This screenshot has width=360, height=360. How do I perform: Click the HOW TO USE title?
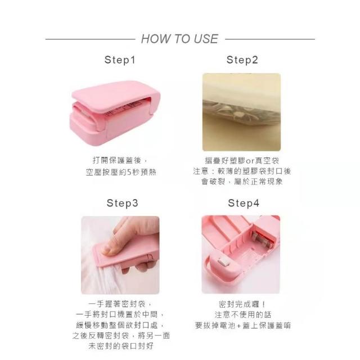click(179, 39)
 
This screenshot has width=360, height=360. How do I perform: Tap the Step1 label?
click(120, 60)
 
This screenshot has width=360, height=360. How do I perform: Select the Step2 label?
click(242, 60)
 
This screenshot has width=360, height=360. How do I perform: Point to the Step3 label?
click(123, 203)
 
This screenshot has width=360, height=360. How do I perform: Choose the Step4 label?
click(244, 203)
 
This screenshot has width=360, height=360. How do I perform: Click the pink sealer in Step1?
click(115, 112)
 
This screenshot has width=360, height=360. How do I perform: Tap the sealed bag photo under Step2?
click(241, 112)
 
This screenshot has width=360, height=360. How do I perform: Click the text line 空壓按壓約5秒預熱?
click(121, 172)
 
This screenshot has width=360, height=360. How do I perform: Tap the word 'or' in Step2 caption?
click(249, 161)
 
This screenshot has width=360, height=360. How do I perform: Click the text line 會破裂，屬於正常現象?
click(242, 182)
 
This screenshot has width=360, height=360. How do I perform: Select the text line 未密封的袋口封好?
click(121, 346)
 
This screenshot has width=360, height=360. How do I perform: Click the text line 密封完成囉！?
click(242, 304)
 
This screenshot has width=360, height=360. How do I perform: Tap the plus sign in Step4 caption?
click(238, 326)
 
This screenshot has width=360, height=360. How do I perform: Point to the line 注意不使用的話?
click(243, 314)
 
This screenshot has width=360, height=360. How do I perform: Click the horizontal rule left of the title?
click(90, 39)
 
